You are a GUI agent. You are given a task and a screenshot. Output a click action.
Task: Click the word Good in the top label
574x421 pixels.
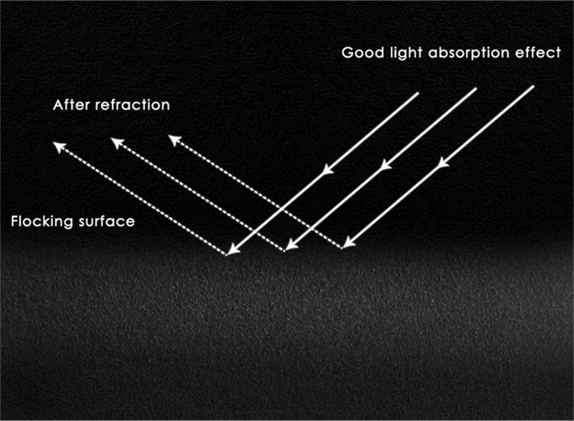pyautogui.click(x=359, y=53)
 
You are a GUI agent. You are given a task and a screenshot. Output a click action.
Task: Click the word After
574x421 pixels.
pyautogui.click(x=72, y=105)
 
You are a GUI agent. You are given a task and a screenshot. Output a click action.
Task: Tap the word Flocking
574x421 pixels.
pyautogui.click(x=42, y=222)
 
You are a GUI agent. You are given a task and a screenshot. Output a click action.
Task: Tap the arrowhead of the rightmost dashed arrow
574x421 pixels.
pyautogui.click(x=172, y=138)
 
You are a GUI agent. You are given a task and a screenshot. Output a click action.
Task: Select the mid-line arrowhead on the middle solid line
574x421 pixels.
pyautogui.click(x=386, y=165)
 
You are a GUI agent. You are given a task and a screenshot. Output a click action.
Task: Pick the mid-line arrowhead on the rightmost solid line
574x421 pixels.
pyautogui.click(x=443, y=163)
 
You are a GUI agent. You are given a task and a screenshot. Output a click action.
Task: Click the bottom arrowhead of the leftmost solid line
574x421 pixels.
pyautogui.click(x=232, y=250)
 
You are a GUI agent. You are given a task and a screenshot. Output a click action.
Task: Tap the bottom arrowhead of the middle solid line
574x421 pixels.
pyautogui.click(x=290, y=246)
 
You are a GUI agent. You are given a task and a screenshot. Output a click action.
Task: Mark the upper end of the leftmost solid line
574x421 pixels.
pyautogui.click(x=418, y=94)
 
